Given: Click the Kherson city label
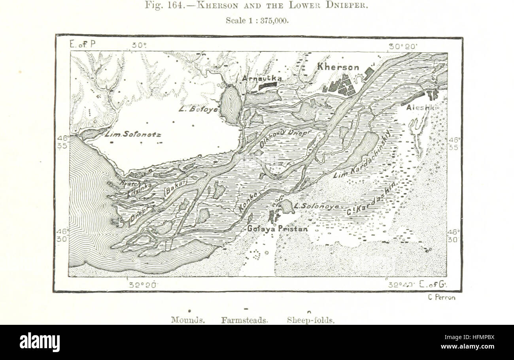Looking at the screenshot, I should [x=338, y=67].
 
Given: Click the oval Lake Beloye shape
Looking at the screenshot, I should [x=231, y=105].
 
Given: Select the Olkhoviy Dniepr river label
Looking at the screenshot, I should [x=282, y=138].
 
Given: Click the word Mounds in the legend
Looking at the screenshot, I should [x=188, y=320].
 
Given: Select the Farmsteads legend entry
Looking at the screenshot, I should [x=245, y=320].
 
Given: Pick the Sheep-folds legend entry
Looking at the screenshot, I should [x=311, y=320].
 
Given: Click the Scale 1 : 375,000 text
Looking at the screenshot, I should [x=257, y=21].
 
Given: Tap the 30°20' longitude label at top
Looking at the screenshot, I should [x=403, y=46].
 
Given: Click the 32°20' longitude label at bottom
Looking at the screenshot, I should [x=140, y=284].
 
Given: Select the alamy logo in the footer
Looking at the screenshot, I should [x=40, y=342].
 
